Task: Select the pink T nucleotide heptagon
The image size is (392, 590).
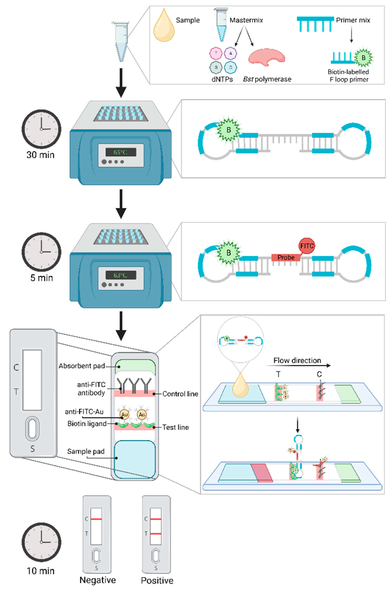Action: point(216,53)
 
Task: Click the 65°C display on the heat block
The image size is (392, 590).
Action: point(121,152)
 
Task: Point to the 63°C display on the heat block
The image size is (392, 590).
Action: point(121,275)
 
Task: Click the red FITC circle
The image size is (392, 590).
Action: point(307,246)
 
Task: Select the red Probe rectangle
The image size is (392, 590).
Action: point(286,257)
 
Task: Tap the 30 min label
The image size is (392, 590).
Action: point(41,155)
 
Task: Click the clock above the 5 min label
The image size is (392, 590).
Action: point(41,252)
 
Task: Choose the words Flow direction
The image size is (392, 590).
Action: point(297,360)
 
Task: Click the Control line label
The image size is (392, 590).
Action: point(180,394)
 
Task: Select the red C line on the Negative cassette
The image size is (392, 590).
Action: point(96,519)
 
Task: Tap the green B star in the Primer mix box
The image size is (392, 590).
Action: point(363,58)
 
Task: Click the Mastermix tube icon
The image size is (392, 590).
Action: point(221,25)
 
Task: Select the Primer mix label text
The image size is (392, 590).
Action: point(353,20)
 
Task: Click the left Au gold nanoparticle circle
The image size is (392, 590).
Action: point(124,415)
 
